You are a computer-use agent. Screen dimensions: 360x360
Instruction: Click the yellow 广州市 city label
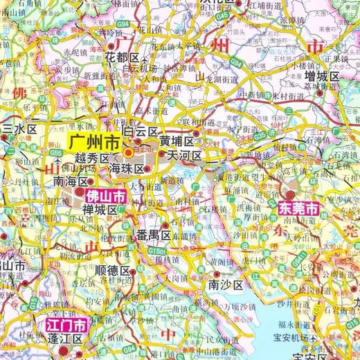tap(93, 145)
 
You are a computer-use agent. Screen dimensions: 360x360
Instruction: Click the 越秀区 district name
tap(87, 159)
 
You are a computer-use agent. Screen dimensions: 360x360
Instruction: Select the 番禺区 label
tap(154, 236)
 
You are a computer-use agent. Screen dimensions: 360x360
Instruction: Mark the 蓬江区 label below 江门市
tap(64, 339)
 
